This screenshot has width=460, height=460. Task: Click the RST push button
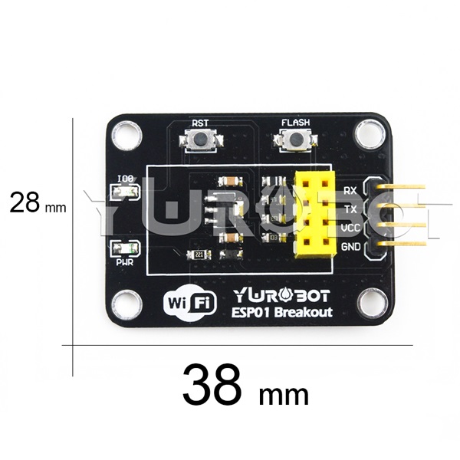200,140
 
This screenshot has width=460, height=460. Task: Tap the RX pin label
350,189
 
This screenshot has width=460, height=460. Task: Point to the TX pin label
350,209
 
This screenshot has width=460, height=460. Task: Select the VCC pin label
350,228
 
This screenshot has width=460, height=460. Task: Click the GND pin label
350,246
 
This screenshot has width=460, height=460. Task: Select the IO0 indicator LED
124,192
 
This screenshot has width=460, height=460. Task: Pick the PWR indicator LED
124,248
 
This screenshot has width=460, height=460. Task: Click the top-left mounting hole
125,135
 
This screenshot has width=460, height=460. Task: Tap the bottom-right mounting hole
374,300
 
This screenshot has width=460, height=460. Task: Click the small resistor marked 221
199,255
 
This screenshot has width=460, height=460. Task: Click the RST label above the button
200,122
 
